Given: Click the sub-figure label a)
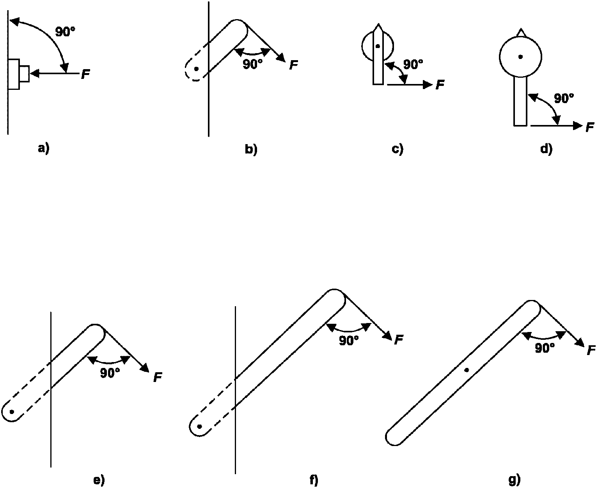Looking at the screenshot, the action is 44,148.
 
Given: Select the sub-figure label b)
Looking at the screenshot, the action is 251,149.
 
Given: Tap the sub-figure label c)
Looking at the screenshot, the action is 397,149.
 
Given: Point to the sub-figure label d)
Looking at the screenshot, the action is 546,149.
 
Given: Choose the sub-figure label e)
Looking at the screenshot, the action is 99,480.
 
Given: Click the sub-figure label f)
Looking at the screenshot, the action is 314,480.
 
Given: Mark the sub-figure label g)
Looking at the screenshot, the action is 515,480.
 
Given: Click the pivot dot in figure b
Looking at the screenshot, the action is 196,69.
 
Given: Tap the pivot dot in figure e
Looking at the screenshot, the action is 12,412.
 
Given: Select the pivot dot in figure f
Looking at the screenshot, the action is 200,426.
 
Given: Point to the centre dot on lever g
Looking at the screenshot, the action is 467,370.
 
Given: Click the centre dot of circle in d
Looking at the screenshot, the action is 520,57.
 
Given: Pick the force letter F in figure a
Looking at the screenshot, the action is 85,74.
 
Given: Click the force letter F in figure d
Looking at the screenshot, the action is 590,127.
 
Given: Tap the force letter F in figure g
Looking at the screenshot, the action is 591,350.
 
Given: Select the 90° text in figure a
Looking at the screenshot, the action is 65,32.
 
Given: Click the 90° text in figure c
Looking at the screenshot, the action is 413,64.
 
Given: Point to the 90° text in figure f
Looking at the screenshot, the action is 349,341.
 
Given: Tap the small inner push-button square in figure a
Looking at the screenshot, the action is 25,74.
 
